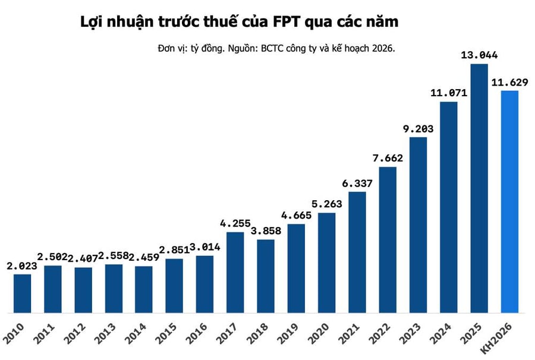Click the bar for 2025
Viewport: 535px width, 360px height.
pyautogui.click(x=479, y=188)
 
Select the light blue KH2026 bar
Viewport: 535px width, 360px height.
pyautogui.click(x=509, y=201)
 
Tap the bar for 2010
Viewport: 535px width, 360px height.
pyautogui.click(x=22, y=293)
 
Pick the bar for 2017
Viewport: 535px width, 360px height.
pyautogui.click(x=235, y=272)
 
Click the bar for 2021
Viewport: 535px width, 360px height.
pyautogui.click(x=357, y=252)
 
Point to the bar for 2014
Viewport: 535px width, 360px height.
pyautogui.click(x=144, y=289)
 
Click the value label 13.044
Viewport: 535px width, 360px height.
pyautogui.click(x=479, y=55)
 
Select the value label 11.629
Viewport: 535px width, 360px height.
pyautogui.click(x=509, y=82)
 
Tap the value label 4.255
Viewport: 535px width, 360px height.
pyautogui.click(x=235, y=224)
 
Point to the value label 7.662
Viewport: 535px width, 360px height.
pyautogui.click(x=388, y=158)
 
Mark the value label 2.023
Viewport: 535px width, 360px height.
pyautogui.click(x=22, y=266)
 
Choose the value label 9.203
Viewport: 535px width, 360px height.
pyautogui.click(x=418, y=128)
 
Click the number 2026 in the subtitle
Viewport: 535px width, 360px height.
pyautogui.click(x=382, y=48)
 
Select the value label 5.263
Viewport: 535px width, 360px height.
pyautogui.click(x=327, y=204)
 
